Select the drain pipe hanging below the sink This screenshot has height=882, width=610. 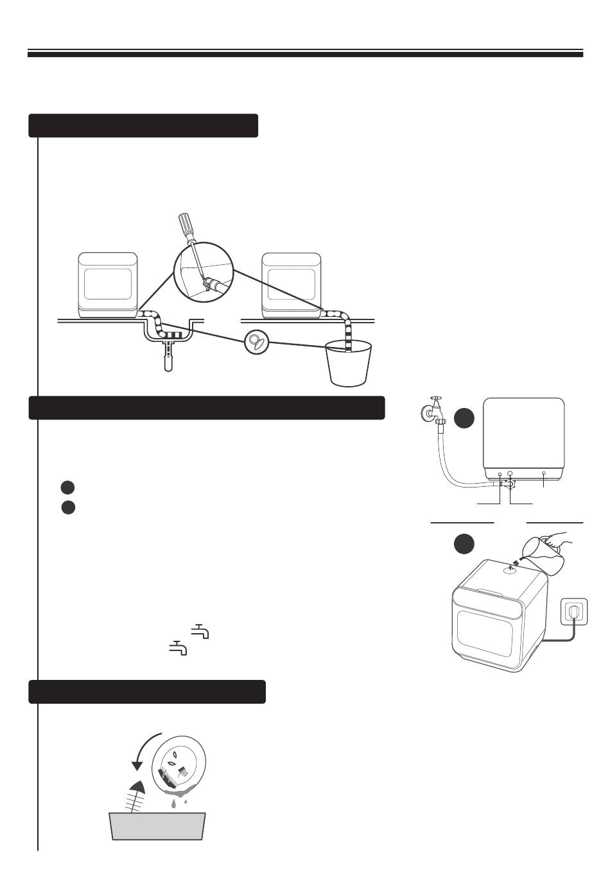point(168,359)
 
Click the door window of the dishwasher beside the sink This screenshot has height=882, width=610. point(108,284)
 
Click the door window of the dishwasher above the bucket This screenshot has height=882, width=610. point(292,284)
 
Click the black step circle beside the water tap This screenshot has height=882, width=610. point(464,419)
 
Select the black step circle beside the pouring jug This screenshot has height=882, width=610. point(464,544)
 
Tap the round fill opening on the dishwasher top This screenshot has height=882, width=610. point(512,568)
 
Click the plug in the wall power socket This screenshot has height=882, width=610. point(571,613)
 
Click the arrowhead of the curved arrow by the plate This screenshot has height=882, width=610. point(136,765)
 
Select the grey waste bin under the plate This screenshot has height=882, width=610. point(158,826)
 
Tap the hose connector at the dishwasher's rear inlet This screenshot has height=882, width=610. point(509,485)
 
